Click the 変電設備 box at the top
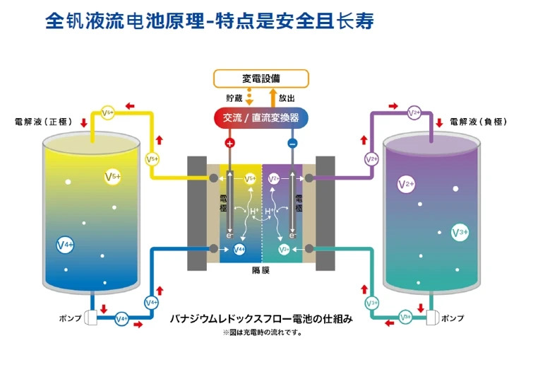261,79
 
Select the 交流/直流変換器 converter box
261,117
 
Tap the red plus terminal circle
229,143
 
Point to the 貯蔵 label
233,98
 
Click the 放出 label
287,98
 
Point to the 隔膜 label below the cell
261,270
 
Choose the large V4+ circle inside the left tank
65,245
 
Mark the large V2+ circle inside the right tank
406,185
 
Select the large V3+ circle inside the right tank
460,231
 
